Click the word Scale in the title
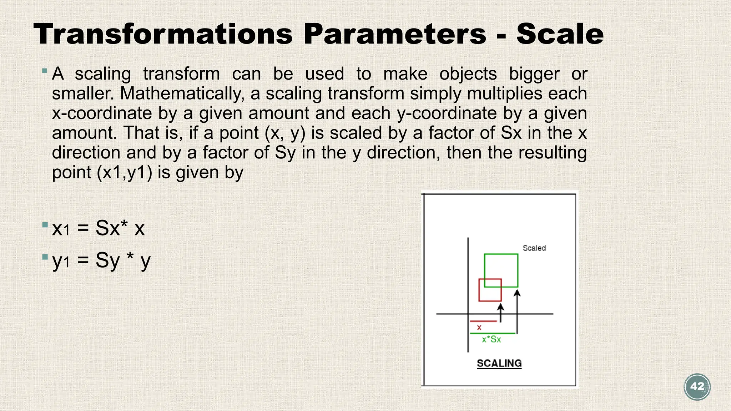pyautogui.click(x=560, y=34)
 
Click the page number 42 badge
pyautogui.click(x=697, y=387)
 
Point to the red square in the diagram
pyautogui.click(x=490, y=290)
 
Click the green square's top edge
pyautogui.click(x=501, y=254)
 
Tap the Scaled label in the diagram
pyautogui.click(x=534, y=248)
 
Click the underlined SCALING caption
pyautogui.click(x=499, y=363)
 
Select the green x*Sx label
pyautogui.click(x=491, y=339)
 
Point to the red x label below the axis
pyautogui.click(x=479, y=327)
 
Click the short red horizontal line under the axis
pyautogui.click(x=483, y=321)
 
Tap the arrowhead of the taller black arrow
pyautogui.click(x=517, y=293)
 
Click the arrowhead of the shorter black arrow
pyautogui.click(x=501, y=307)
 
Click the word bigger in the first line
pyautogui.click(x=534, y=74)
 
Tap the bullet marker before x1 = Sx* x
pyautogui.click(x=45, y=225)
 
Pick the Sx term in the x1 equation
pyautogui.click(x=107, y=228)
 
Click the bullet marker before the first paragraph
pyautogui.click(x=45, y=71)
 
